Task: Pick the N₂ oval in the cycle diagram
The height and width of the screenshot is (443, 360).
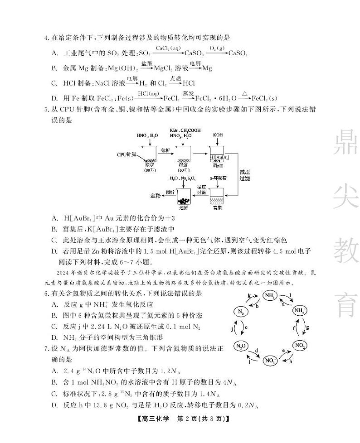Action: coord(241,312)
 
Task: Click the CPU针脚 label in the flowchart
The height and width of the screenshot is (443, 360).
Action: coord(127,154)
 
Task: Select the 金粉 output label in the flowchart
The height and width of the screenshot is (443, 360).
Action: coord(156,195)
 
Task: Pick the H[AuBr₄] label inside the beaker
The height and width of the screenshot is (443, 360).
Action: coord(219,157)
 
